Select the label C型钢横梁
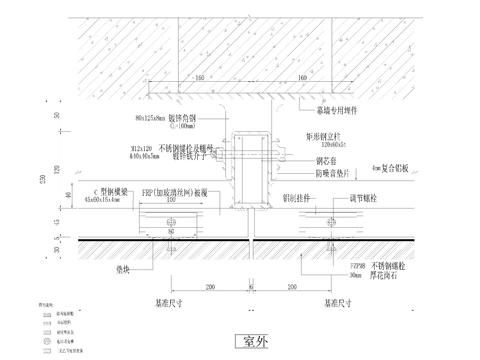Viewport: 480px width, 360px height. [98, 190]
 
